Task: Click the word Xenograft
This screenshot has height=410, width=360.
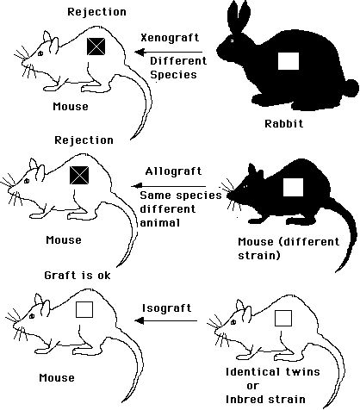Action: pyautogui.click(x=170, y=38)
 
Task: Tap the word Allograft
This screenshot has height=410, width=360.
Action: pyautogui.click(x=173, y=171)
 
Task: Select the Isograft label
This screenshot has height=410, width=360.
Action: pyautogui.click(x=167, y=308)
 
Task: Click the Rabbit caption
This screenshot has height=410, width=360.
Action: pyautogui.click(x=283, y=124)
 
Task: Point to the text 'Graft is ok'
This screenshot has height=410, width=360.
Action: pyautogui.click(x=78, y=276)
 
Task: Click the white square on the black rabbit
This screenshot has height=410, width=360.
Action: pyautogui.click(x=289, y=61)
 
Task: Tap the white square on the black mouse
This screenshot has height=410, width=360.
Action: pyautogui.click(x=293, y=187)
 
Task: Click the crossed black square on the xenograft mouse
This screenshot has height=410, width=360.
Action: pyautogui.click(x=96, y=47)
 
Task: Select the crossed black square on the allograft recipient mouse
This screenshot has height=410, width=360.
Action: pyautogui.click(x=79, y=176)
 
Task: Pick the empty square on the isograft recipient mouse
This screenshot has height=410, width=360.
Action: pyautogui.click(x=84, y=309)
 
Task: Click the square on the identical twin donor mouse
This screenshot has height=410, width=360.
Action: pyautogui.click(x=283, y=318)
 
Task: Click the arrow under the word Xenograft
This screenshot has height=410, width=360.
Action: pyautogui.click(x=168, y=53)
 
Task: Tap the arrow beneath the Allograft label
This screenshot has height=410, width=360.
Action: pyautogui.click(x=169, y=186)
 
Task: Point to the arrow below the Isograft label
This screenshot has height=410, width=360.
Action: pyautogui.click(x=165, y=320)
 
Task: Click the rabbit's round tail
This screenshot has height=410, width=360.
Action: pyautogui.click(x=351, y=88)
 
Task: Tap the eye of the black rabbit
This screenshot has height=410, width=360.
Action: pyautogui.click(x=232, y=40)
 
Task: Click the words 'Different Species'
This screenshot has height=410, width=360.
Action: pyautogui.click(x=178, y=68)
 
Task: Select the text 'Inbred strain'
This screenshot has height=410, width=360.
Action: pyautogui.click(x=265, y=400)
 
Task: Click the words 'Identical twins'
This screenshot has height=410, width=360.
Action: pyautogui.click(x=273, y=372)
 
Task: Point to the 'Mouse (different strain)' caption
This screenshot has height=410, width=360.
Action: pyautogui.click(x=289, y=248)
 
